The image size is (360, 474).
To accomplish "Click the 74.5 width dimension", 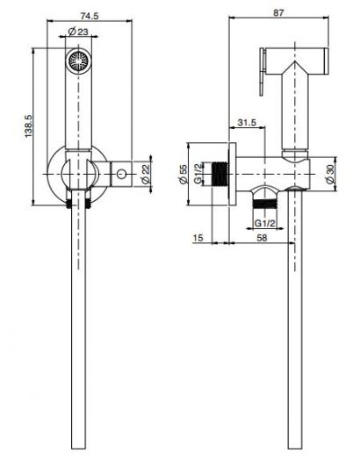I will [84, 15].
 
